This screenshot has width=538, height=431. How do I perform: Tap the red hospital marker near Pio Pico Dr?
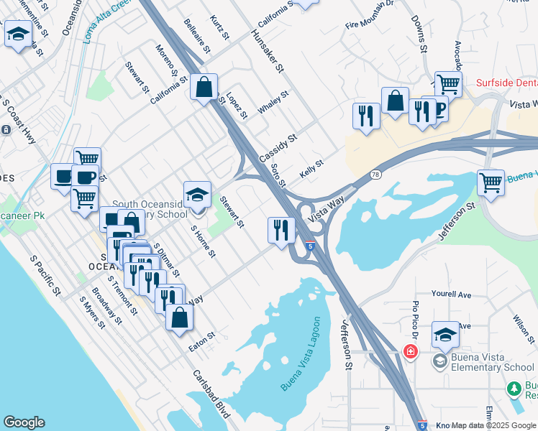point(410,352)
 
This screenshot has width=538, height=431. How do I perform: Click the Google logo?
point(24,422)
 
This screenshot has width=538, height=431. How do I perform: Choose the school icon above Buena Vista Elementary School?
point(445,335)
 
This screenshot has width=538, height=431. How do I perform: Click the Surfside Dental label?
point(506,83)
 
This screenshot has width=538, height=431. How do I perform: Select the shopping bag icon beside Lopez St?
point(204,88)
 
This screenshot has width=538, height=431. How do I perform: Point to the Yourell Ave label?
point(451,295)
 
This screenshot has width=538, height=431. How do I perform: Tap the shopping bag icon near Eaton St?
point(179,317)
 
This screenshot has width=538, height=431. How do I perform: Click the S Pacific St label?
point(45,274)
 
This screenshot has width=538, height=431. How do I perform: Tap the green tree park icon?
point(514,389)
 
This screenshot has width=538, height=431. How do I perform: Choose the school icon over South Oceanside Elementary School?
point(197,194)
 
